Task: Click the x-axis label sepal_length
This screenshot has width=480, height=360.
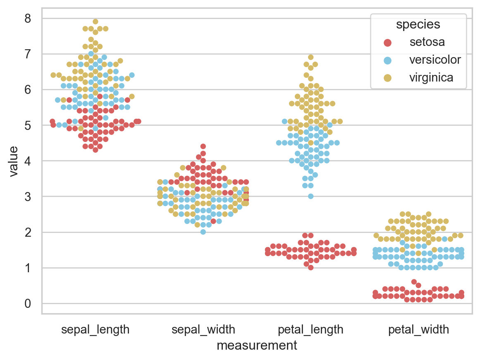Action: [96, 330]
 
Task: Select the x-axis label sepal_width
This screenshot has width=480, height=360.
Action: [203, 330]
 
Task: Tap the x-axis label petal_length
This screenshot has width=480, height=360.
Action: [310, 330]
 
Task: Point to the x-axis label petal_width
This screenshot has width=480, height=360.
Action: [418, 330]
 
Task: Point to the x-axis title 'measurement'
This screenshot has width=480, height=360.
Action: [257, 345]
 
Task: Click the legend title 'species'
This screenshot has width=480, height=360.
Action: [418, 24]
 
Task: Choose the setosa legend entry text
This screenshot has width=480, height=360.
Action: [427, 42]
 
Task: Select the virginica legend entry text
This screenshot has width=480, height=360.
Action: [431, 77]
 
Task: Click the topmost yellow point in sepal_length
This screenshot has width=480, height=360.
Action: [96, 22]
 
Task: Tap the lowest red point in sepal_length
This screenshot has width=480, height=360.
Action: [96, 150]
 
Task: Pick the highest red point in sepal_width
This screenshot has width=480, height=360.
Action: [203, 146]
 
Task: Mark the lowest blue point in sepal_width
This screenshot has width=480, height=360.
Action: [203, 232]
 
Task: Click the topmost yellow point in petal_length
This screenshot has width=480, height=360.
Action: [310, 57]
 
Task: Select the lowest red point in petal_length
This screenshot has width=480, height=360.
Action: [310, 267]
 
